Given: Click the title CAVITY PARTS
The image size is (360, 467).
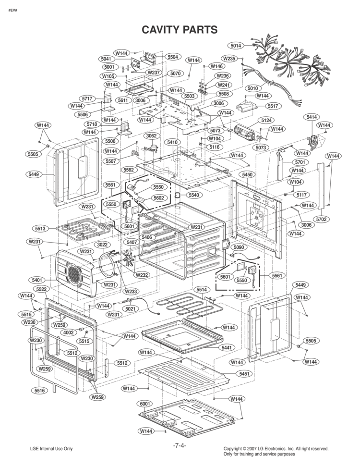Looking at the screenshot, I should coord(180,30).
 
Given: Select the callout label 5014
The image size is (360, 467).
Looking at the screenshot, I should coord(236,46).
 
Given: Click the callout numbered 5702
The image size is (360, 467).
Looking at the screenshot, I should coord(321,219).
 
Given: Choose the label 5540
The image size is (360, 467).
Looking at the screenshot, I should coord(193,195).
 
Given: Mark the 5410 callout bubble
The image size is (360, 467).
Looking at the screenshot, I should coord(172,143).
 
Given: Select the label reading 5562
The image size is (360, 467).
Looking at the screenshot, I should coord(128,170).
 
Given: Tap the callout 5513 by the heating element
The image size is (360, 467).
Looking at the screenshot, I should coord(40,229).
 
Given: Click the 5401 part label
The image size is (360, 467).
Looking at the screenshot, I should coord(37,280).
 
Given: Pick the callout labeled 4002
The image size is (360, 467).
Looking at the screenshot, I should coord(69,332).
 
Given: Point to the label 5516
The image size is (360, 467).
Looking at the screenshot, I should coord(40,391).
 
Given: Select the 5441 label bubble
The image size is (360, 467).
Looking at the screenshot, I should coord(226,347).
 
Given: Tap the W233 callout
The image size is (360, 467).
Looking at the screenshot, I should coord(130,291).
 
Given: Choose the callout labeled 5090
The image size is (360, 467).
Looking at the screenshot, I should coord(238,247).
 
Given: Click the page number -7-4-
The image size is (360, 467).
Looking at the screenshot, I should coord(179,445).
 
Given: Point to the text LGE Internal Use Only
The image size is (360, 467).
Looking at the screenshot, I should coord(51,449).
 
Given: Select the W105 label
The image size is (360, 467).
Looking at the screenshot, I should coord(108,76).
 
